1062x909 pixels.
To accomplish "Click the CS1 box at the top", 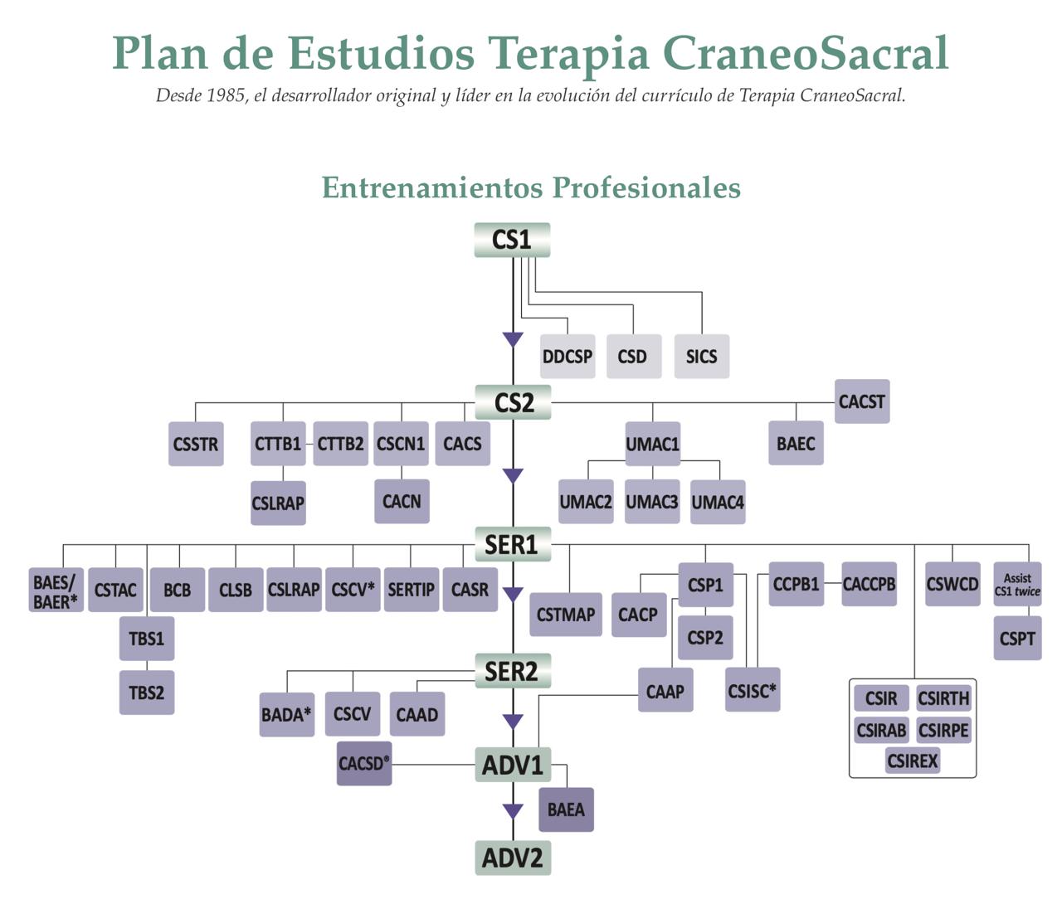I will (x=512, y=240).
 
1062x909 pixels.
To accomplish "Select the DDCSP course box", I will (x=568, y=357).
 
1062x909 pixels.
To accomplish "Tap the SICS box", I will (x=701, y=357).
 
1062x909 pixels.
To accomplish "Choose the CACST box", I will (x=862, y=401).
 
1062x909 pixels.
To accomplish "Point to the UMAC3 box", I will (x=652, y=502).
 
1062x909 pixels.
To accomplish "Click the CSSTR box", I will (x=196, y=444).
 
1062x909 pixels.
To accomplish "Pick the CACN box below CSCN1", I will (x=402, y=502).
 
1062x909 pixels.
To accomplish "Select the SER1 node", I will (x=512, y=545).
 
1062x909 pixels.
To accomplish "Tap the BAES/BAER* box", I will (x=56, y=591).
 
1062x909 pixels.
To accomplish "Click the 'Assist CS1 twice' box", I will (x=1017, y=585).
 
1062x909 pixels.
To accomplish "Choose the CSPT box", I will (x=1017, y=639).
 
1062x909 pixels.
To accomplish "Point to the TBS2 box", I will (x=147, y=693).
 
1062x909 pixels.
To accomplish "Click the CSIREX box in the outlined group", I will (x=912, y=761).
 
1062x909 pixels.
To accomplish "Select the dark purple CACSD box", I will (x=364, y=763).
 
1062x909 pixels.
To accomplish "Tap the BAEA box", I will (x=566, y=809).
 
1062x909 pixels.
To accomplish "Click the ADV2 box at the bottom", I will (x=513, y=858).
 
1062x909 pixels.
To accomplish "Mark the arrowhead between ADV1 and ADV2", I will (x=514, y=810).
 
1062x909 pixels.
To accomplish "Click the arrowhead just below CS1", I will (x=513, y=339).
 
